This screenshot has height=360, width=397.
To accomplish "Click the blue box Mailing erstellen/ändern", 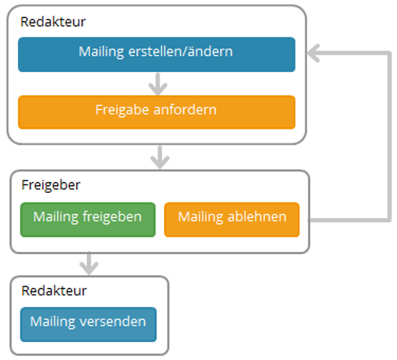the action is (157, 55).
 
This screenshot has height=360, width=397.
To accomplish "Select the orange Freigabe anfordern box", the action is (157, 112).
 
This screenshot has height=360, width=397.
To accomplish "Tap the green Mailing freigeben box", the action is (88, 220).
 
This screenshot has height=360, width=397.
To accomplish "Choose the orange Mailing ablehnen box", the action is (232, 220).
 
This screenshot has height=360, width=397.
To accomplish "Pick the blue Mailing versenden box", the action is (88, 325).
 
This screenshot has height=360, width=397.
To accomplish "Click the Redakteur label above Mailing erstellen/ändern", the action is (53, 22).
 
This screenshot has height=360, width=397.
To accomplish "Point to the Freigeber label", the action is (51, 185).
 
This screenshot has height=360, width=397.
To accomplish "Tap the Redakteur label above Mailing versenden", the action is (54, 291).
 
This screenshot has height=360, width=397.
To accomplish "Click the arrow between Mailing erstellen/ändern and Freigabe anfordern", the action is (158, 84).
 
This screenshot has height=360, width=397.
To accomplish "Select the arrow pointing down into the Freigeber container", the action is (160, 157).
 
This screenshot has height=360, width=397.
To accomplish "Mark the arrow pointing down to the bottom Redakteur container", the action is (89, 264).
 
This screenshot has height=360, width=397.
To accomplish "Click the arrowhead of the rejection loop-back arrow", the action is (313, 53).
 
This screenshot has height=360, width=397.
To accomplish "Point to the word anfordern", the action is (185, 109).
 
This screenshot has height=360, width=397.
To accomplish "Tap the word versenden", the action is (113, 321).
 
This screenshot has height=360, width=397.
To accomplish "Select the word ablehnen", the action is (257, 217).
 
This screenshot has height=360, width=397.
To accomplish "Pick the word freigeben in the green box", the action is (112, 217).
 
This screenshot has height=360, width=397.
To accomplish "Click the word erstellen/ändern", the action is (181, 51).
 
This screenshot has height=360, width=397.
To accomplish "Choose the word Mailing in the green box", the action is (55, 217).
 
